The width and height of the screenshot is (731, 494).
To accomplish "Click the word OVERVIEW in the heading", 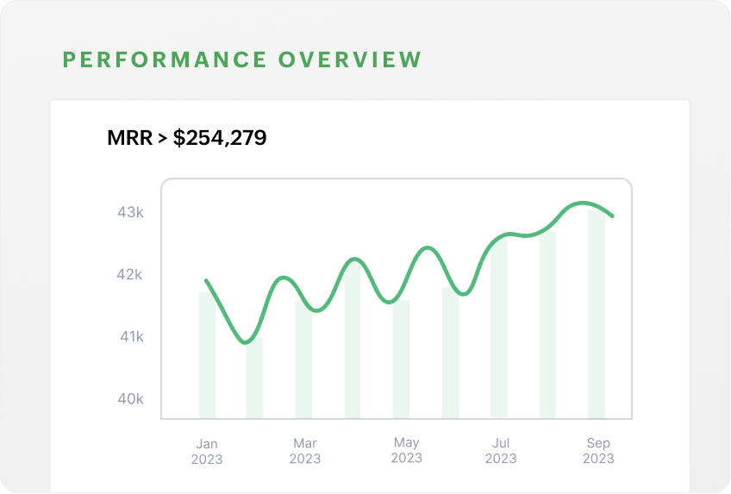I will pos(350,59).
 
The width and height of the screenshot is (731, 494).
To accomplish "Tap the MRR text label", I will pos(129,137).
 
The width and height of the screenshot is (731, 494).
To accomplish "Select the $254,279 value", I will pos(220,137).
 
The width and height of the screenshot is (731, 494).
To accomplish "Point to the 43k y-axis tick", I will pos(130,212).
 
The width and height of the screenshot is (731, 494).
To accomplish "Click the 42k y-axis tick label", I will pos(130,275).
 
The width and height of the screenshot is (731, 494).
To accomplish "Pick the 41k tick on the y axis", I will pos(131,337).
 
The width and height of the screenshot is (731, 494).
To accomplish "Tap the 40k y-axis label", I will pos(131,399).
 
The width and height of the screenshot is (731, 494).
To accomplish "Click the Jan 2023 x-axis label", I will pos(207,452).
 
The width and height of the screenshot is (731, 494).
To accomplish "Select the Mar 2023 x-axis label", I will pos(305,451).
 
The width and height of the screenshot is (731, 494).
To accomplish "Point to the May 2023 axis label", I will pos(406,450).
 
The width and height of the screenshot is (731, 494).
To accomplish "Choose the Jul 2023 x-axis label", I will pos(501,451).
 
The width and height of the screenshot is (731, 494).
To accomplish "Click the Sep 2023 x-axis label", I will pos(598,450).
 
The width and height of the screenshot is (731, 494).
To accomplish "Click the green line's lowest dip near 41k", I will pos(248,342).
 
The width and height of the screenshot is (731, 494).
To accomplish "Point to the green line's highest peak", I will pos(585,203).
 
